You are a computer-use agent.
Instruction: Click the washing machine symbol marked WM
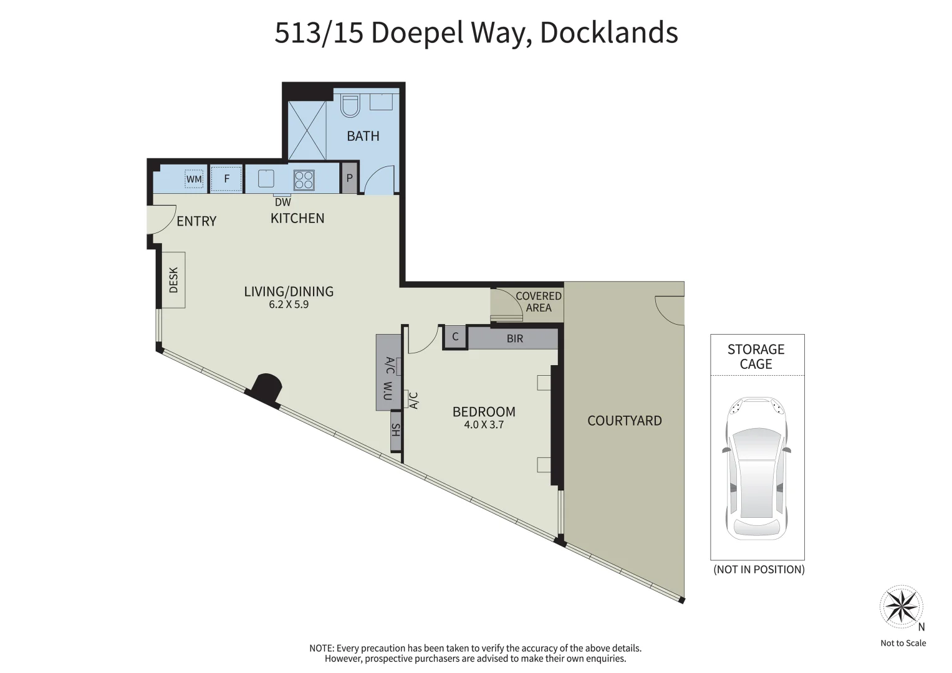click(195, 179)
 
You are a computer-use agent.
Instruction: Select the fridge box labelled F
click(226, 178)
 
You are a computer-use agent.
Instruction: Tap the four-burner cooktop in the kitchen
click(304, 179)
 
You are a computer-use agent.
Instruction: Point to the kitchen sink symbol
click(266, 178)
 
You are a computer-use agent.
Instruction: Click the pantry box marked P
click(349, 178)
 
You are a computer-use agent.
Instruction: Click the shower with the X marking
click(307, 130)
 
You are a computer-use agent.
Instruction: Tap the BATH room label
click(363, 136)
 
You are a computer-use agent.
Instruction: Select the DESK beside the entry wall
click(173, 280)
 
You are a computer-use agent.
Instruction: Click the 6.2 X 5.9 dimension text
click(289, 304)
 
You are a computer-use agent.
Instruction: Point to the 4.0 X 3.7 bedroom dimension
click(484, 424)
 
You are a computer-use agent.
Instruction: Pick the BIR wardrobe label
click(515, 338)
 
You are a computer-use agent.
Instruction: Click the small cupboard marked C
click(455, 337)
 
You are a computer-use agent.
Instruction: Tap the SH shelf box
click(396, 431)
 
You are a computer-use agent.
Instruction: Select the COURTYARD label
click(624, 421)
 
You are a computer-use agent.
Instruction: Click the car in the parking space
click(756, 469)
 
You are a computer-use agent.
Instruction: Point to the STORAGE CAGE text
click(756, 356)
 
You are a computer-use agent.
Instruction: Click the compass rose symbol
click(901, 606)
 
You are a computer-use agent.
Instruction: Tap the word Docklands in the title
click(609, 32)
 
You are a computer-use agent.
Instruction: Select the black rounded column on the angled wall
click(266, 389)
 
